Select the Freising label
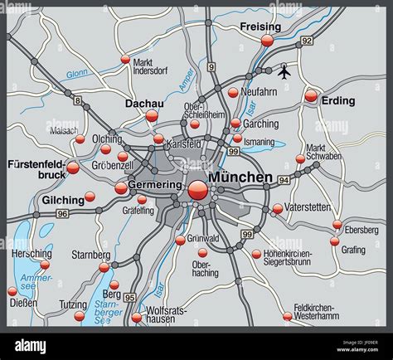point(260,27)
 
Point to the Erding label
point(338,100)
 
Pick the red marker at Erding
point(311,96)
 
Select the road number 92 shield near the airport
point(307,40)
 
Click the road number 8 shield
point(77,100)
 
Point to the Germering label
point(155,184)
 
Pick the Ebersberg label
point(361,230)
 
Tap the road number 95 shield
point(129,296)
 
